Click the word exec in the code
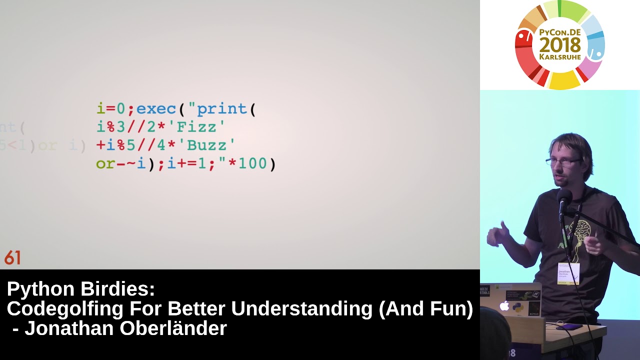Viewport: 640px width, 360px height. [x=156, y=109]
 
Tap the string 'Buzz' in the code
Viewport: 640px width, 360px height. [x=210, y=145]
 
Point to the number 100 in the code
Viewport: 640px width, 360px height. [x=252, y=163]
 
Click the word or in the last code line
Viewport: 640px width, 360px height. [x=105, y=164]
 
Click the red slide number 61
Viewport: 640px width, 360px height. [x=12, y=258]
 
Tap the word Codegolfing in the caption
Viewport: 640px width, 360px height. [x=65, y=309]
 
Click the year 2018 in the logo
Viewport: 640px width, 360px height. [x=560, y=45]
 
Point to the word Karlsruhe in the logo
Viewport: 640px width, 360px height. [x=560, y=57]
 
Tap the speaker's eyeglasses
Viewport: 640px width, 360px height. [x=563, y=162]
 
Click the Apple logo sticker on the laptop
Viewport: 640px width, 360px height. [x=504, y=306]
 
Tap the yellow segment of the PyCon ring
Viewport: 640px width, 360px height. [x=564, y=80]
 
